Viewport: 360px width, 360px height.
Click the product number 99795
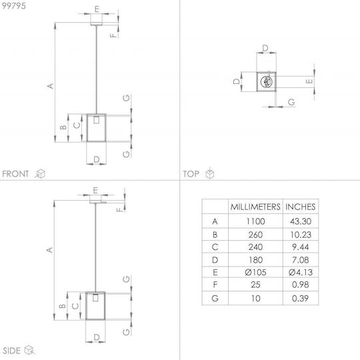tap(14, 6)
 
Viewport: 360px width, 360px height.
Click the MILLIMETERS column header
tap(255, 207)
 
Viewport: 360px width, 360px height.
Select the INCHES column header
tap(300, 207)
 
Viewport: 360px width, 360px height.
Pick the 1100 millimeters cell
tap(255, 221)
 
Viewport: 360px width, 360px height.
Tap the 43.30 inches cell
tap(301, 221)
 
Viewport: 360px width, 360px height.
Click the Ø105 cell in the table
tap(255, 272)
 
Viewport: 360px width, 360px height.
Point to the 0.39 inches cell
tap(300, 298)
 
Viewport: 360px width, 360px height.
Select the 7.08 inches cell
tap(300, 260)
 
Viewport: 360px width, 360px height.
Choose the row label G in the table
tap(215, 298)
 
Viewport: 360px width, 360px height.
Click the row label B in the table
tap(215, 235)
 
